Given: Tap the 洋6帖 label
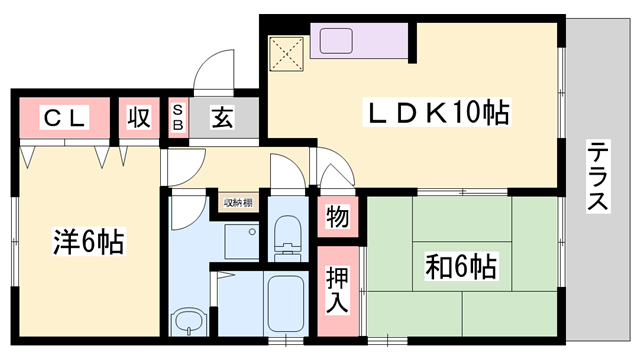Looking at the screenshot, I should click(x=89, y=241).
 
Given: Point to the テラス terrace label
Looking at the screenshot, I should click(x=597, y=176).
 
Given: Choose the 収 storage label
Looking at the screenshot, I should click(x=139, y=118).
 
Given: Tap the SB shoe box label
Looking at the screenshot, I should click(x=178, y=118).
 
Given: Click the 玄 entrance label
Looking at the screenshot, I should click(x=222, y=118).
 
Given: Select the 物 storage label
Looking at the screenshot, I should click(x=336, y=216).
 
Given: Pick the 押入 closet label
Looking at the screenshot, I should click(x=337, y=289).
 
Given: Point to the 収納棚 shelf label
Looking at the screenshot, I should click(x=236, y=203).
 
